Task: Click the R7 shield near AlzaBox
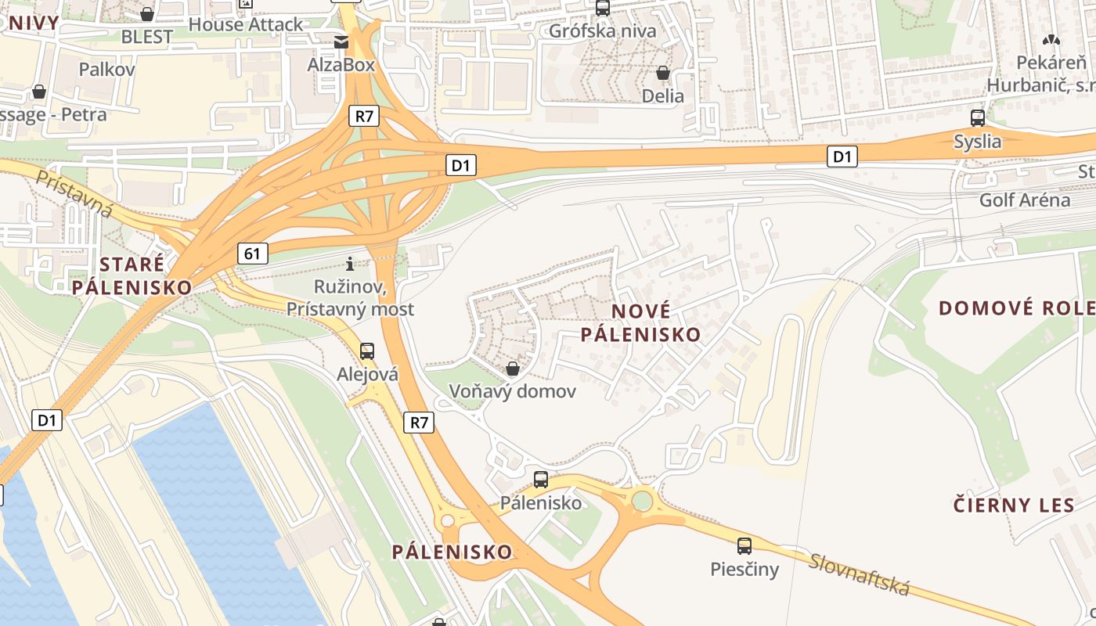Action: point(364,117)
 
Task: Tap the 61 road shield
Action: point(251,253)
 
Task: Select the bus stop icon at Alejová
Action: point(367,351)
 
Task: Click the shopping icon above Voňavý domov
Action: point(513,368)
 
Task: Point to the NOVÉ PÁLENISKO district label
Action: point(640,322)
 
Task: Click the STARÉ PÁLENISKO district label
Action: point(132,275)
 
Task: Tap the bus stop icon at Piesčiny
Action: point(744,545)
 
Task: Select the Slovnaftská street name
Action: point(860,574)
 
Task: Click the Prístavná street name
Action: point(75,195)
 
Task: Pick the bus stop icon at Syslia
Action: point(977,118)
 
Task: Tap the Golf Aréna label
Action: point(1025,200)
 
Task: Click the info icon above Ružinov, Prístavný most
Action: point(350,264)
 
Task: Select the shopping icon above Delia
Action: point(663,73)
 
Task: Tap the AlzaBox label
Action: point(341,65)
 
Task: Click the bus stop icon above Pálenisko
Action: point(541,480)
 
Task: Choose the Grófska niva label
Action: point(603,31)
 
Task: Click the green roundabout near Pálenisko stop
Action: point(643,499)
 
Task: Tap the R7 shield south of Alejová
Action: point(420,423)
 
